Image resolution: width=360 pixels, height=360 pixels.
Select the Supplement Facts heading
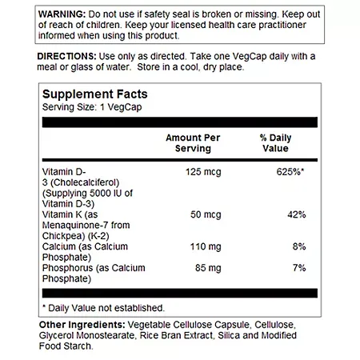tap(94, 94)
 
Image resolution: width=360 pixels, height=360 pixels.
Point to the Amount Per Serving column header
tap(189, 143)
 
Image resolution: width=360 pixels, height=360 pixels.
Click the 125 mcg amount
tap(199, 170)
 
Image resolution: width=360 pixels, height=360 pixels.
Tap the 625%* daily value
tap(290, 170)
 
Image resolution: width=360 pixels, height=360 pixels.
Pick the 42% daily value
tap(296, 215)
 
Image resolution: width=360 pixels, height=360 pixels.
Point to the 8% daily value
tap(299, 248)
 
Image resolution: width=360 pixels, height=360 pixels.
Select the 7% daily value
tap(299, 270)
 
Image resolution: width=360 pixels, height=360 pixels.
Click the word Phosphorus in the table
tap(67, 270)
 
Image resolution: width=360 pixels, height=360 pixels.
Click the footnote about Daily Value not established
tap(102, 307)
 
